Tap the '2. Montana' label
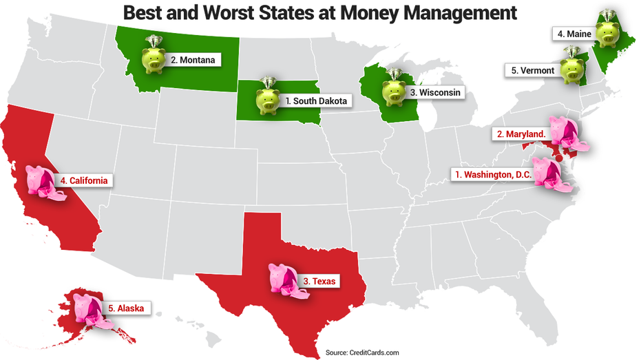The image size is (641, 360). tap(193, 60)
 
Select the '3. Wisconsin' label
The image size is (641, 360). tap(435, 92)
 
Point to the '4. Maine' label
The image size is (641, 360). tap(574, 32)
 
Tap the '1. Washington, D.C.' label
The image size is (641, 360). tap(492, 175)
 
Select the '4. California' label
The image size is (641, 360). tap(84, 180)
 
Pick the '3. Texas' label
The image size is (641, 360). tap(322, 281)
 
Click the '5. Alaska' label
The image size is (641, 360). tap(125, 308)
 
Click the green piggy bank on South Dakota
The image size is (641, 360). tap(265, 98)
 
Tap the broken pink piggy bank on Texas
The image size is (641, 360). tap(282, 280)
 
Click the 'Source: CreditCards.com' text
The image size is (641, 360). tap(362, 352)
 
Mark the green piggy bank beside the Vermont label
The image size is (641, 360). tap(572, 67)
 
